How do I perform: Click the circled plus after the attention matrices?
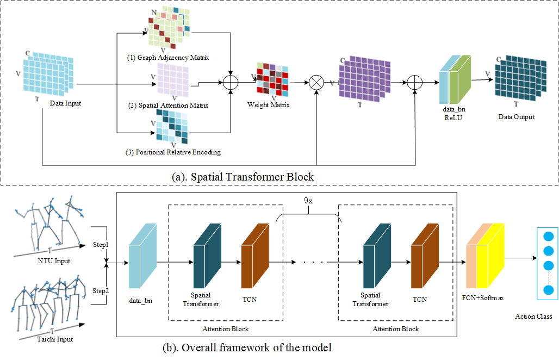(232, 83)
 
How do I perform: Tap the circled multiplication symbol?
(316, 83)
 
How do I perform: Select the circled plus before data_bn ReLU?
(415, 83)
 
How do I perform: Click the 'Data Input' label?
(65, 103)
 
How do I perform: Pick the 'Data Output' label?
(516, 117)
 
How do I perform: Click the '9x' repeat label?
(308, 200)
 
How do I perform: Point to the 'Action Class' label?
(533, 316)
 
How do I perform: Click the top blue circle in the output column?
(548, 237)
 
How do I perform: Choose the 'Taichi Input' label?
(55, 339)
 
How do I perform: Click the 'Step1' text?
(100, 245)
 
